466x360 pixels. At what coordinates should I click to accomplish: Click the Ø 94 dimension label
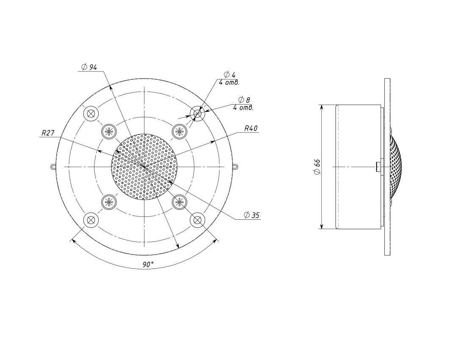[x=89, y=67]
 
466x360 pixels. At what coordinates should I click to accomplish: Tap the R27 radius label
[x=48, y=133]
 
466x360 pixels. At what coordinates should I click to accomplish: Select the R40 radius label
[x=251, y=128]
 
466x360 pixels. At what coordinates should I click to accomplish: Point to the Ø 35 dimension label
[x=251, y=215]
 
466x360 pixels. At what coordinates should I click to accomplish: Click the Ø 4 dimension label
[x=229, y=74]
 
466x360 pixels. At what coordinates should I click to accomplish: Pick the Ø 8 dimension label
[x=244, y=100]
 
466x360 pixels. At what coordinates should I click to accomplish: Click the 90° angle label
[x=148, y=265]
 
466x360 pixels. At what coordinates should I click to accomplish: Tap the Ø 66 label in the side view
[x=317, y=167]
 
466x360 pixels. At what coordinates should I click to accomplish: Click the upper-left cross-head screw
[x=109, y=131]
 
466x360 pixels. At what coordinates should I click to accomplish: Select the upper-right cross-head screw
[x=180, y=131]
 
